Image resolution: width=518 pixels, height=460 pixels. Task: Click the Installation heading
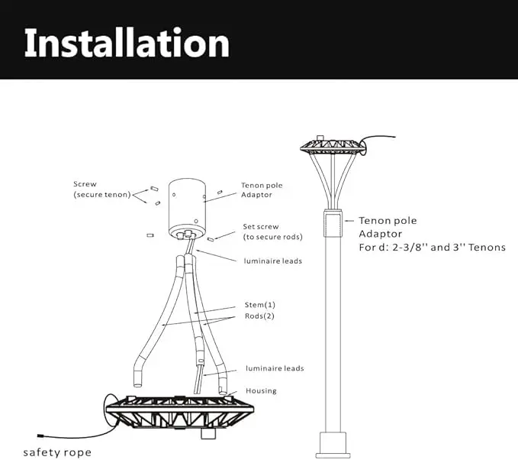click(127, 43)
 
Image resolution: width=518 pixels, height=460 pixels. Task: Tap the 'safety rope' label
click(57, 452)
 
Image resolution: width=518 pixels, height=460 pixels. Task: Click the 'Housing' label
click(261, 390)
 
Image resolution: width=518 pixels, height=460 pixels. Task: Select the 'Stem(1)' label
click(259, 305)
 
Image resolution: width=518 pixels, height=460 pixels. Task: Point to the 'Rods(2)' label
click(259, 316)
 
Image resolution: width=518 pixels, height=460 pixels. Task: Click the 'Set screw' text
click(261, 227)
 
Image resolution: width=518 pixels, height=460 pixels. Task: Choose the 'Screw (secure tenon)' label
click(102, 190)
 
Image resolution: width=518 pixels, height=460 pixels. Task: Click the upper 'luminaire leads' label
click(273, 261)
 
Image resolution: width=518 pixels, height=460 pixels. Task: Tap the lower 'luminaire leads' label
click(275, 368)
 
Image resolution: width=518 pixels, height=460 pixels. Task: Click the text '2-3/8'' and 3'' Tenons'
click(449, 248)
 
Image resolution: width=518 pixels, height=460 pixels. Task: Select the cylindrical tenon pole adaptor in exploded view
click(187, 209)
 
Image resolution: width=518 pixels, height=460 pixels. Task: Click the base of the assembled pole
click(333, 445)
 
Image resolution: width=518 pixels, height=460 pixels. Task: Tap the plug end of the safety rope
click(41, 436)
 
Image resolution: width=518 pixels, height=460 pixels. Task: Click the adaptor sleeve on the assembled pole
click(333, 223)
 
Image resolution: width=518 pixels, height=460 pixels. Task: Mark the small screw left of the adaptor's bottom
click(150, 235)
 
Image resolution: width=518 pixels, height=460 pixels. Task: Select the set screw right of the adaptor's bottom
click(211, 239)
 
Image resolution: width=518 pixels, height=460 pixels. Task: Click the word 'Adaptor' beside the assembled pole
click(380, 234)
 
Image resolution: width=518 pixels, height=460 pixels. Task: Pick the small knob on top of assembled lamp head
click(320, 138)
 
